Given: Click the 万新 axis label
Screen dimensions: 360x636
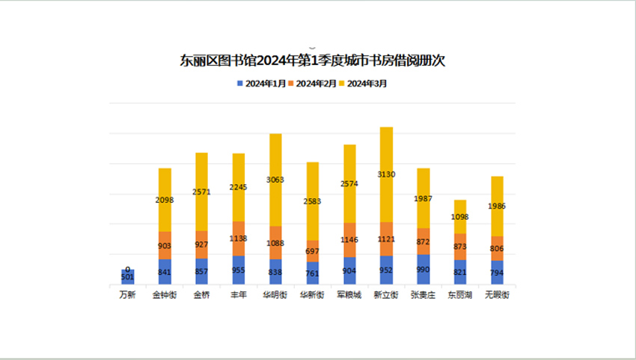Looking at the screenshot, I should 128,295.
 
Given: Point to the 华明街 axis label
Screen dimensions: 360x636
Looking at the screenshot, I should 275,295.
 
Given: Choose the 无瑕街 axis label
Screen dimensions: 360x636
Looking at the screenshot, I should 497,295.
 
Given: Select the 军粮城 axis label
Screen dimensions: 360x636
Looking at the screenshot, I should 349,295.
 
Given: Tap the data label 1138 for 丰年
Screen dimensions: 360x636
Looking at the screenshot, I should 239,239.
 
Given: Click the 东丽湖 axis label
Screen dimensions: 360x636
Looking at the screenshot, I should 459,295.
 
